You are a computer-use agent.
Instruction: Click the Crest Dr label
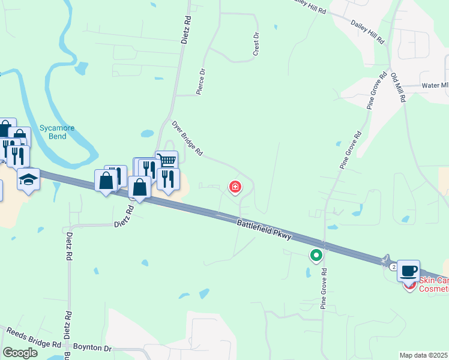[x=256, y=45]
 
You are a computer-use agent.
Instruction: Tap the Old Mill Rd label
[x=399, y=87]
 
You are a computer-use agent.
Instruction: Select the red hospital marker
[x=235, y=188]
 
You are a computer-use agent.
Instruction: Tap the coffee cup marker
[x=408, y=270]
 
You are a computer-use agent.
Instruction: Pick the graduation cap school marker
[x=28, y=179]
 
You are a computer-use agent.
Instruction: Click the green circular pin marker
[x=316, y=256]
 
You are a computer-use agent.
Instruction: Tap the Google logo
[x=20, y=353]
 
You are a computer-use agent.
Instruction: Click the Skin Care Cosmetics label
[x=433, y=284]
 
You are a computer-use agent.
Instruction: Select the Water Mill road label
[x=435, y=86]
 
